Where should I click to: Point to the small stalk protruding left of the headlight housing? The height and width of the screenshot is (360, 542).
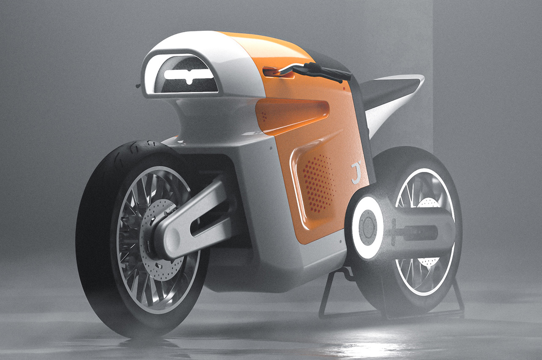point(138,86)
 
